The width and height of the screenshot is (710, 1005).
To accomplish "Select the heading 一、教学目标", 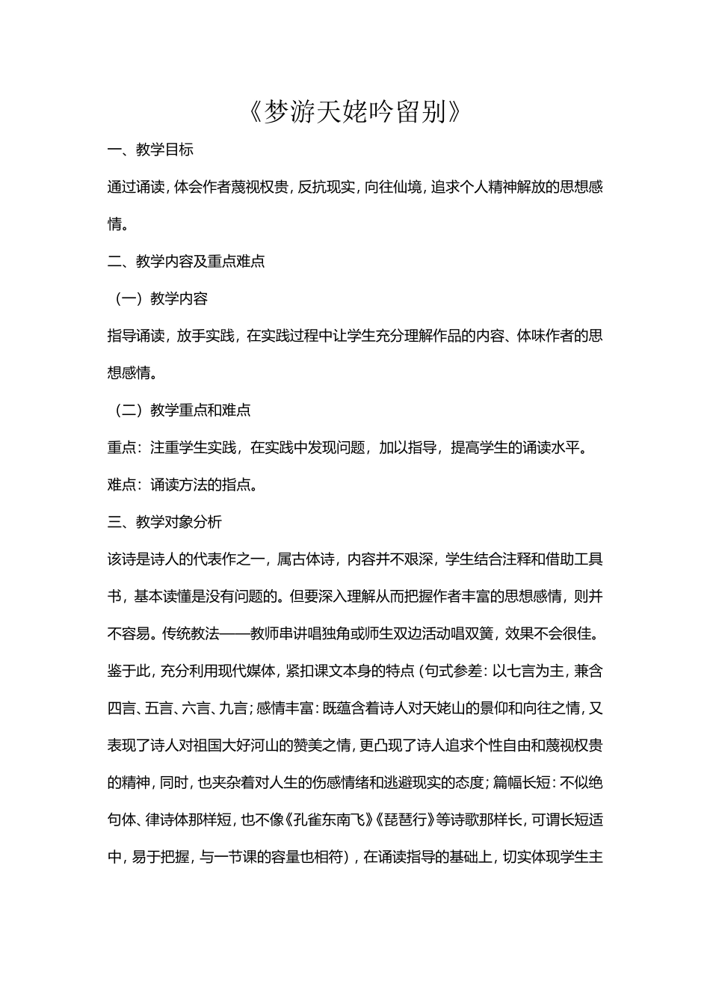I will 150,150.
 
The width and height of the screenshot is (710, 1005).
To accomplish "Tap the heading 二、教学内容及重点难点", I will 186,261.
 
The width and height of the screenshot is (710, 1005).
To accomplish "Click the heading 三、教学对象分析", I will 164,522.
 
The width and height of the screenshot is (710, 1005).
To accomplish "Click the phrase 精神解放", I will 516,187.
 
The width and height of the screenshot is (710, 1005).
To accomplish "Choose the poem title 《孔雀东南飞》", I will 331,820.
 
